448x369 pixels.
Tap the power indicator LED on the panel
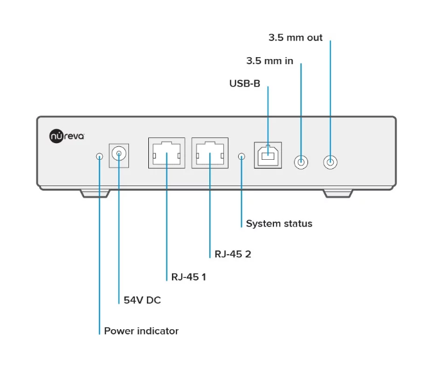pyautogui.click(x=99, y=157)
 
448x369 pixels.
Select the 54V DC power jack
pyautogui.click(x=119, y=154)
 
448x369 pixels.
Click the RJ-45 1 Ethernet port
pyautogui.click(x=166, y=153)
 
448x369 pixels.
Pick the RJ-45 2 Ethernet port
pyautogui.click(x=209, y=153)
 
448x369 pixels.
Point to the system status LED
pyautogui.click(x=241, y=156)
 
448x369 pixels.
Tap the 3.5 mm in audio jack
pyautogui.click(x=301, y=162)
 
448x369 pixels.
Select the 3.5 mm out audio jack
pyautogui.click(x=331, y=162)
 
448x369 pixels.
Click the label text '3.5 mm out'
pyautogui.click(x=295, y=38)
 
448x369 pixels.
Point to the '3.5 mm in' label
pyautogui.click(x=270, y=61)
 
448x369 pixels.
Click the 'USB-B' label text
pyautogui.click(x=245, y=83)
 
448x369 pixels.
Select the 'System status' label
pyautogui.click(x=279, y=224)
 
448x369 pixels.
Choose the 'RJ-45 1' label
pyautogui.click(x=188, y=277)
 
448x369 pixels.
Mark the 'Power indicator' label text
pyautogui.click(x=141, y=331)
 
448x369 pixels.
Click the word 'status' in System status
pyautogui.click(x=297, y=224)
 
